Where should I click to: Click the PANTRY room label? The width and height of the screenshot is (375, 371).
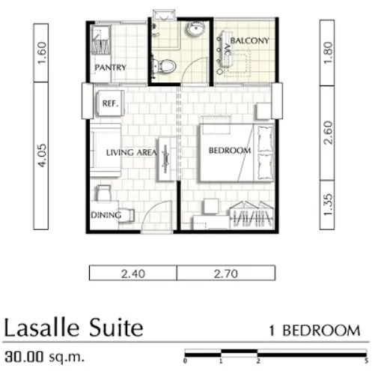(x=110, y=67)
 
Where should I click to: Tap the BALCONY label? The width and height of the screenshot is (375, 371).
(x=250, y=40)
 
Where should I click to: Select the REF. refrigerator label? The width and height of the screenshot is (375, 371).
(x=110, y=103)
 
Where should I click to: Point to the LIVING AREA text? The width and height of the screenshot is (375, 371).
(x=132, y=152)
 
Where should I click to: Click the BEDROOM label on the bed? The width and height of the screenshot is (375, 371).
(x=230, y=151)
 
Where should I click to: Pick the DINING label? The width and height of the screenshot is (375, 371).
(x=106, y=215)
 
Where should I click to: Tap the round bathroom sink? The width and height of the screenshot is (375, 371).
(x=195, y=28)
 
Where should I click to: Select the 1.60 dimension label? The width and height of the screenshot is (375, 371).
(x=41, y=52)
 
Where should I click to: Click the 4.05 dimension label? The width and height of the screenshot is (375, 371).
(x=41, y=155)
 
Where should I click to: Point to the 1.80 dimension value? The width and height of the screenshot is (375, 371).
(x=327, y=52)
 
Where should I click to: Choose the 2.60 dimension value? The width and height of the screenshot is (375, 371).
(x=327, y=133)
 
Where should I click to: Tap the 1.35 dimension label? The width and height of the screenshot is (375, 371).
(x=327, y=205)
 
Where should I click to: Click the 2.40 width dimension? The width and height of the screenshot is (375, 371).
(x=133, y=274)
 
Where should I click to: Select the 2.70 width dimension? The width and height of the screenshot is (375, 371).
(x=225, y=274)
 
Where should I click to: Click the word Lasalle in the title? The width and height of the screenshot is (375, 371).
(x=42, y=328)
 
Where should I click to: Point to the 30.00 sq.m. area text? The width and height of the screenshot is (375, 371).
(x=44, y=357)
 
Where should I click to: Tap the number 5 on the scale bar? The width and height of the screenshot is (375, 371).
(x=366, y=361)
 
